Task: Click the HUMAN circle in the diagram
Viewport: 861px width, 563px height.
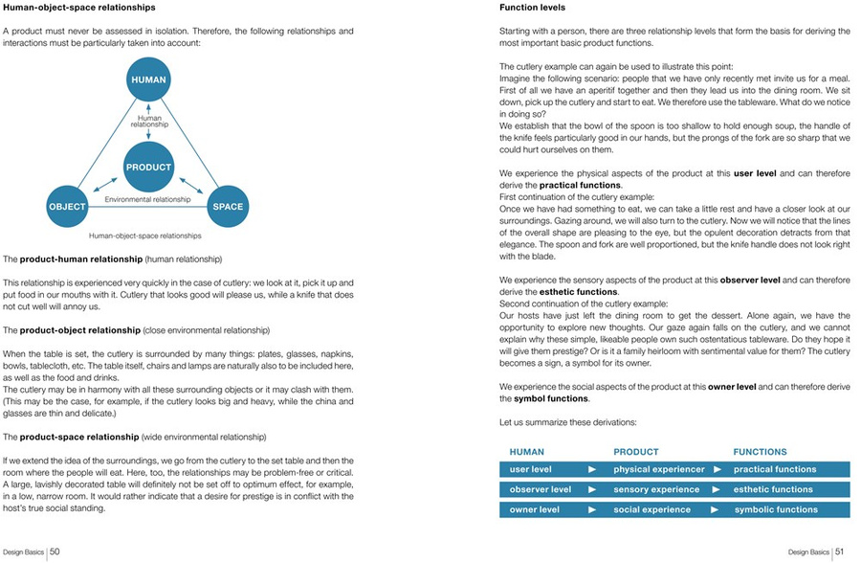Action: pyautogui.click(x=148, y=80)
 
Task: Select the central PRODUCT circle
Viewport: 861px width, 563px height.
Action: pyautogui.click(x=148, y=167)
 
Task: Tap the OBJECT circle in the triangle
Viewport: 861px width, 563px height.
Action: pyautogui.click(x=67, y=206)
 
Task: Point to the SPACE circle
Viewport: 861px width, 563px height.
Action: pyautogui.click(x=228, y=206)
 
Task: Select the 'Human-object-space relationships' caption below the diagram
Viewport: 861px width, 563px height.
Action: pyautogui.click(x=144, y=235)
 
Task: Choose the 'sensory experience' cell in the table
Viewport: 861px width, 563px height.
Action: pyautogui.click(x=656, y=490)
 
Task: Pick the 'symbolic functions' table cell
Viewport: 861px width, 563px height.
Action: pyautogui.click(x=775, y=510)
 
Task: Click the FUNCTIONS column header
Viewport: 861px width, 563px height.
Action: pyautogui.click(x=760, y=452)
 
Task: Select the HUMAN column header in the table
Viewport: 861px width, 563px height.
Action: pyautogui.click(x=526, y=452)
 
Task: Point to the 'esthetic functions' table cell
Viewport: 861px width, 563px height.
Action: pyautogui.click(x=773, y=490)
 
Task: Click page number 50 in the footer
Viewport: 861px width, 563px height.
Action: pyautogui.click(x=55, y=552)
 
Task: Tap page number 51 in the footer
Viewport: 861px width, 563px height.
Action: pyautogui.click(x=838, y=552)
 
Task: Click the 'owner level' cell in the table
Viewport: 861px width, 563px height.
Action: pyautogui.click(x=534, y=510)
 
